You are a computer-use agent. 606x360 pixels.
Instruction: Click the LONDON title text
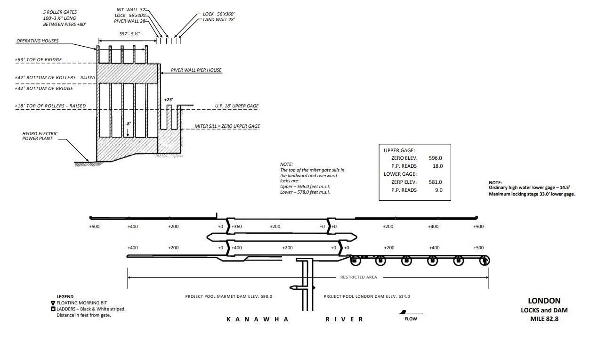[544, 301]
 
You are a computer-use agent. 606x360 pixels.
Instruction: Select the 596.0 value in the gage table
[435, 158]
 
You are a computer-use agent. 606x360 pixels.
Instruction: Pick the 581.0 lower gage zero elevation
[435, 182]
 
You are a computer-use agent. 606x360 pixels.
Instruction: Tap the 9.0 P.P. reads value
[438, 190]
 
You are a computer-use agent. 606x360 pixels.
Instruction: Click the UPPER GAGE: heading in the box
[399, 150]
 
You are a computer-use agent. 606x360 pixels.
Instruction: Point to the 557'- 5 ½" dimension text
[129, 34]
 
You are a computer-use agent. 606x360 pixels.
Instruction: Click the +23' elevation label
[169, 100]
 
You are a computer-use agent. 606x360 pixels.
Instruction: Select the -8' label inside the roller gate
[128, 124]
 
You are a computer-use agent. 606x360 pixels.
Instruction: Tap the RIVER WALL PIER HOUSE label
[196, 70]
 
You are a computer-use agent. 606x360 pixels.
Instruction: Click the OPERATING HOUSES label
[37, 41]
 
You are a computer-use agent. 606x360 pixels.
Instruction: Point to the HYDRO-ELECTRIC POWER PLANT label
[40, 136]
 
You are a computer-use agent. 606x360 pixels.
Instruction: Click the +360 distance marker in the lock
[237, 227]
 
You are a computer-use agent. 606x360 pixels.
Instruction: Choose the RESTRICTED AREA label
[358, 277]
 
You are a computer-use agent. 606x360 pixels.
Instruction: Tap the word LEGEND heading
[65, 297]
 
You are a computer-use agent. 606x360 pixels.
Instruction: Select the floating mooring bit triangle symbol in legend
[53, 303]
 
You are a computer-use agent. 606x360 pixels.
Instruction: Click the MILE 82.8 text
[544, 319]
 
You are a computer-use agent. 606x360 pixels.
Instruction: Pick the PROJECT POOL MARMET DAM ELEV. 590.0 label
[228, 296]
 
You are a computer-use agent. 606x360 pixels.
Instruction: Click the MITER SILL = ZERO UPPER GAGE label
[227, 126]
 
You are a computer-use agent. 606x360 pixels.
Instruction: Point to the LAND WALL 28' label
[218, 20]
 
